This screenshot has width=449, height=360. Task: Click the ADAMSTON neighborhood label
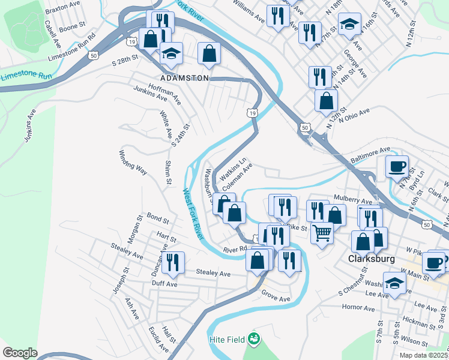coord(184,78)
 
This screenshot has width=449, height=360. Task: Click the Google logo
coord(20,352)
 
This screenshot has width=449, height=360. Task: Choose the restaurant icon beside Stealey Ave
coord(173,262)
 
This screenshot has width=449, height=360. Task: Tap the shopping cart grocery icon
coord(322,231)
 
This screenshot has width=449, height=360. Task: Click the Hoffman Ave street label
coord(164,93)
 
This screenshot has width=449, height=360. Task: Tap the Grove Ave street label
coord(276,298)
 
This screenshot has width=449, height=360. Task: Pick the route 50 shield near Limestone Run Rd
coord(92,55)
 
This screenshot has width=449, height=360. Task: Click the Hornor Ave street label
coord(358,308)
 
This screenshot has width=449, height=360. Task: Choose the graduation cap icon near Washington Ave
coord(394,282)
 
